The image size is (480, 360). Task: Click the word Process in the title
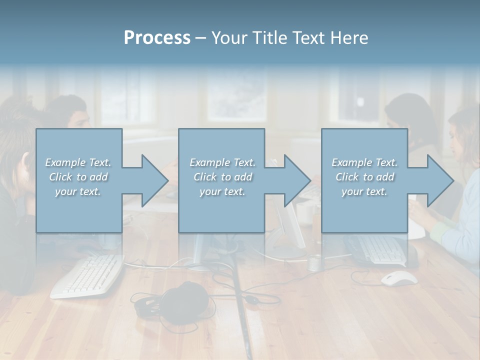point(157,38)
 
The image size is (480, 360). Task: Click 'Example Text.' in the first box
point(78,162)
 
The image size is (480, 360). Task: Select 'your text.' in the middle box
point(222,191)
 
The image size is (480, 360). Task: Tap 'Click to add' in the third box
point(364,177)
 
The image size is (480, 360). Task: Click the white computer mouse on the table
point(399,278)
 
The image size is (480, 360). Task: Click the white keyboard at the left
point(87,275)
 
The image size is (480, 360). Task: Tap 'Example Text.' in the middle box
point(222,162)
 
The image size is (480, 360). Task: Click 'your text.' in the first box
point(78,191)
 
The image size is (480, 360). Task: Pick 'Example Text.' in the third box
point(364,162)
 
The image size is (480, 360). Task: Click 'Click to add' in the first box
point(78,177)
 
